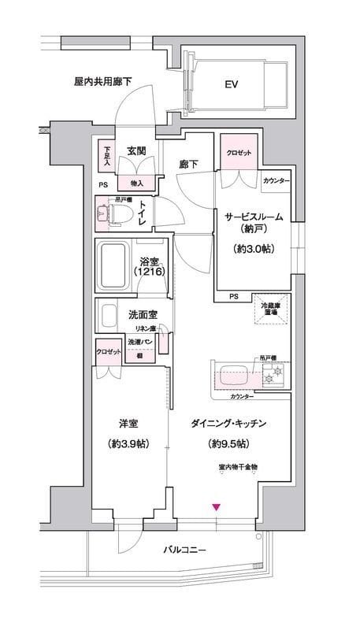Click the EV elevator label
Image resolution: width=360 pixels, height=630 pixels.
(x=231, y=83)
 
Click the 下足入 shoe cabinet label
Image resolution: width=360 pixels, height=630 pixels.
(x=107, y=153)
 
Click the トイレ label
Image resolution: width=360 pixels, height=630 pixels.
(x=143, y=213)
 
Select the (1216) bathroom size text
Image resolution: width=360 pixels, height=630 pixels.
(x=150, y=272)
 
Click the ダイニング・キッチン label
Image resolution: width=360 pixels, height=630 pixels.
(x=228, y=424)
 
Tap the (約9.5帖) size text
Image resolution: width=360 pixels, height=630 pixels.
(x=228, y=444)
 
